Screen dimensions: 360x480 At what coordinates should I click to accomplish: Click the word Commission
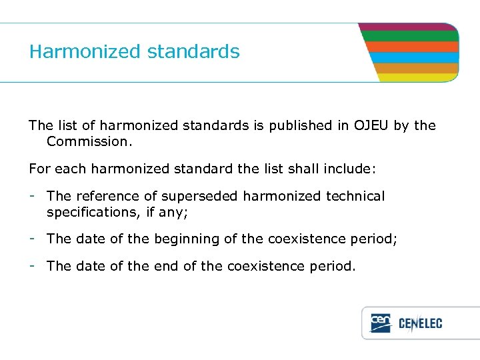click(x=87, y=141)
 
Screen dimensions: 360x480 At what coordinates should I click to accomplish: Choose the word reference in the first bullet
click(x=105, y=196)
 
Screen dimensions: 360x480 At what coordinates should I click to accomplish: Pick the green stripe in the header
click(x=410, y=37)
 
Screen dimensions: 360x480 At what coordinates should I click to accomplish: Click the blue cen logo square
click(x=381, y=323)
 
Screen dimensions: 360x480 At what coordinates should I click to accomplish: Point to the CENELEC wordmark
click(x=421, y=324)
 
